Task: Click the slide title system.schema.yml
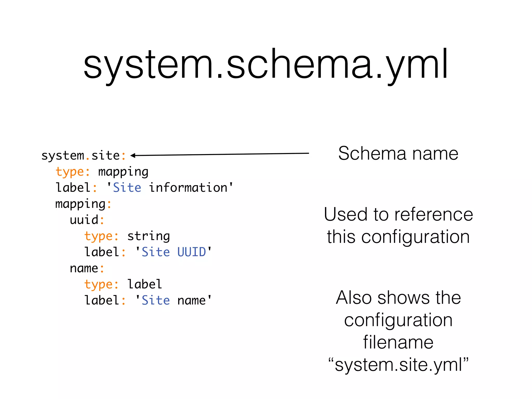coord(265,64)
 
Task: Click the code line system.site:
coord(84,156)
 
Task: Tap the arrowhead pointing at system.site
coord(133,156)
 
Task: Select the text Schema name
coord(398,154)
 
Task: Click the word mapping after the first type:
coord(123,172)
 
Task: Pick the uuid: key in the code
coord(87,220)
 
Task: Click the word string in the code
coord(148,236)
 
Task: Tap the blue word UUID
coord(191,252)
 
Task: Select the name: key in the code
coord(87,268)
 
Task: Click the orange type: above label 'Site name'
coord(101,284)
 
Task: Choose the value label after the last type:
coord(145,284)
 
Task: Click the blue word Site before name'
coord(156,301)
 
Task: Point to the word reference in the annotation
coord(434,215)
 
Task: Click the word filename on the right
coord(398,342)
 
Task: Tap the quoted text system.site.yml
coord(398,364)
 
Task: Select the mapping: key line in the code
coord(83,204)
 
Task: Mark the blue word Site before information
coord(127,188)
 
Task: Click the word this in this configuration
coord(341,237)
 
